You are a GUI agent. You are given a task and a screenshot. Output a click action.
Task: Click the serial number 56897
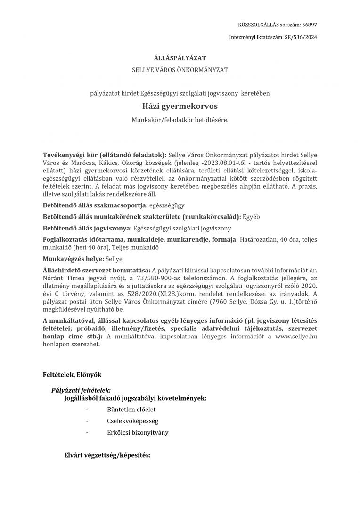point(310,25)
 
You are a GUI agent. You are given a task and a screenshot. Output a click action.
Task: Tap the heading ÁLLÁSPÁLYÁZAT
point(180,58)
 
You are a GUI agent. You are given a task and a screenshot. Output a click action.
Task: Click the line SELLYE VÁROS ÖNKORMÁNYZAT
point(180,70)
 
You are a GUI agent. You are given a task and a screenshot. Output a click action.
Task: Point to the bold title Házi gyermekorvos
point(180,107)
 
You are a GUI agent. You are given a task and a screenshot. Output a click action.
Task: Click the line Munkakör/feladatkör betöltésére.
point(180,120)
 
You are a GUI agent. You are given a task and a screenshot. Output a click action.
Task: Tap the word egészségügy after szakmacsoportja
point(166,205)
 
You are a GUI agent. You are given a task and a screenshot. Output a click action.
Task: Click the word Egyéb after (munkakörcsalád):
point(251,217)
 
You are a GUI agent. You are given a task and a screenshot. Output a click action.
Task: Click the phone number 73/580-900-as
point(151,278)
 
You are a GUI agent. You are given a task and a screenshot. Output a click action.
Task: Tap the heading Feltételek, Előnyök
point(72,374)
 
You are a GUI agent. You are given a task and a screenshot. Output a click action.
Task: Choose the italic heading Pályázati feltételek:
point(81,390)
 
